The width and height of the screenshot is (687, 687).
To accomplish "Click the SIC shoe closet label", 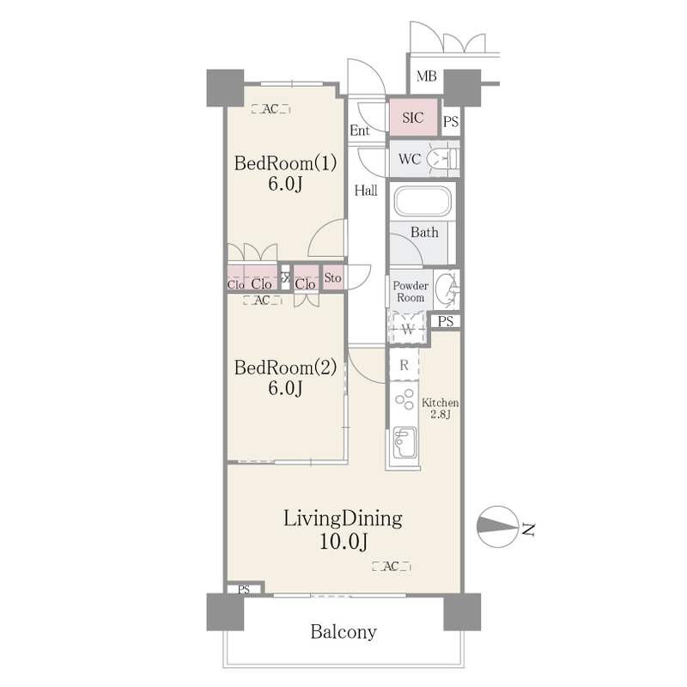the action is [413, 118].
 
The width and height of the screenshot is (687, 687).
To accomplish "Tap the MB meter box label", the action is [426, 76].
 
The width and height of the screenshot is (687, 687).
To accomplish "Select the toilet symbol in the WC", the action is [441, 157].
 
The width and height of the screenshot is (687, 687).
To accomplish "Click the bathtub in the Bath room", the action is [423, 202].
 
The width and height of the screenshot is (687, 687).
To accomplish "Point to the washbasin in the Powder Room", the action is [447, 289].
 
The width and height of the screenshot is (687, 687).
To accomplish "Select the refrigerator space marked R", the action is [404, 364].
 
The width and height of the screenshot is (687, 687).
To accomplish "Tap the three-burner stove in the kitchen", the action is [404, 399].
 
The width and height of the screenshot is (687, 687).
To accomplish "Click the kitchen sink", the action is [404, 441].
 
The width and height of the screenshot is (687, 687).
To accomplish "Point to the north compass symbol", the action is [496, 526].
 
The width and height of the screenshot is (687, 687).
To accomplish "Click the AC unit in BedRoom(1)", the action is [271, 109].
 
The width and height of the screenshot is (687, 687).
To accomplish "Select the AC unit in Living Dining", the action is [392, 566].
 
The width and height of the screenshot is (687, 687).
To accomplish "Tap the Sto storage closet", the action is [333, 277].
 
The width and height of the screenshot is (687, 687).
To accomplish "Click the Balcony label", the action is [343, 632].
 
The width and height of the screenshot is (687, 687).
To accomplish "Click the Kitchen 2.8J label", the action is [440, 408].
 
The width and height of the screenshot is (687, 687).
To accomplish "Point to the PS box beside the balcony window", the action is [244, 590].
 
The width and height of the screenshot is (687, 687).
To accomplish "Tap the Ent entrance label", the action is [360, 131].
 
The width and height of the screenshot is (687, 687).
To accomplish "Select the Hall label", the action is [366, 190].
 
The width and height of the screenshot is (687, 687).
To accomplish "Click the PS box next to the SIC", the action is [451, 121].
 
